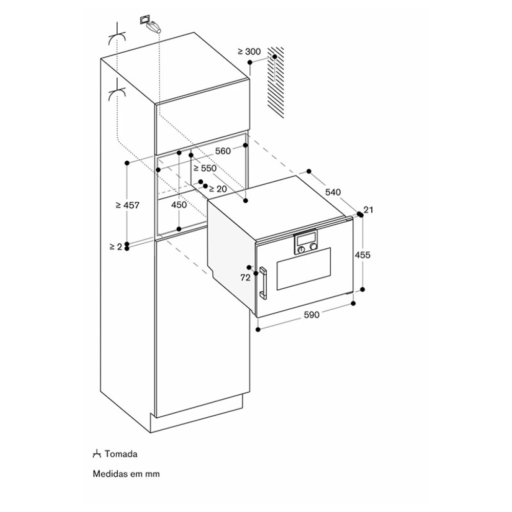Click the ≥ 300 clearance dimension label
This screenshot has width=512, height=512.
pyautogui.click(x=249, y=51)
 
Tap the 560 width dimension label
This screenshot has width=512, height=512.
pyautogui.click(x=223, y=151)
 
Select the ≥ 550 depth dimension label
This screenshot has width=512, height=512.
pyautogui.click(x=205, y=168)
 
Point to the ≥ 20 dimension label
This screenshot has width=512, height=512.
pyautogui.click(x=218, y=189)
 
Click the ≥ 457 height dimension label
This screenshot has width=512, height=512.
pyautogui.click(x=127, y=205)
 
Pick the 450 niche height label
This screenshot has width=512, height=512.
pyautogui.click(x=179, y=205)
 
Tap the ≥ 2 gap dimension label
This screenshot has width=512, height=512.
pyautogui.click(x=116, y=247)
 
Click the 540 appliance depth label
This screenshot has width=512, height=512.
pyautogui.click(x=333, y=192)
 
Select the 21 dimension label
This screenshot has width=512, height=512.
pyautogui.click(x=368, y=209)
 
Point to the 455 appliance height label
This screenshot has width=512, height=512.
pyautogui.click(x=363, y=254)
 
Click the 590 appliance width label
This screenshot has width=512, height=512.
pyautogui.click(x=312, y=315)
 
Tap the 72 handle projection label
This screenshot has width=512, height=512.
pyautogui.click(x=245, y=278)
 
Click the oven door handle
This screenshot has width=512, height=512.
pyautogui.click(x=263, y=283)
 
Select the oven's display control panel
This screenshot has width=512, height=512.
pyautogui.click(x=306, y=242)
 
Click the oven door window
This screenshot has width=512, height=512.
pyautogui.click(x=304, y=268)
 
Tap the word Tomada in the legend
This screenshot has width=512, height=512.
pyautogui.click(x=121, y=454)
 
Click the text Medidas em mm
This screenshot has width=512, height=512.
pyautogui.click(x=126, y=474)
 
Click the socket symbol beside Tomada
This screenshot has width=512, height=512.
pyautogui.click(x=97, y=454)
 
